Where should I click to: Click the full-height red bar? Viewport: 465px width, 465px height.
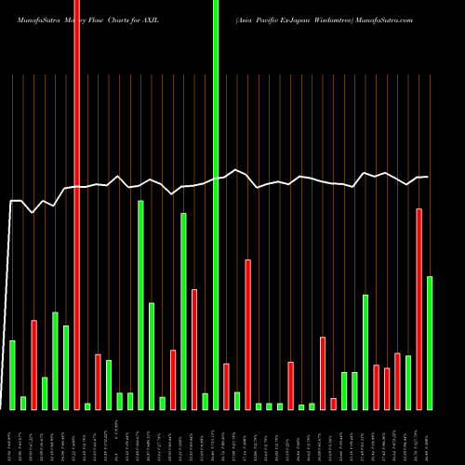76,205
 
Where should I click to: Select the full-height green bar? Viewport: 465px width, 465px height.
216,205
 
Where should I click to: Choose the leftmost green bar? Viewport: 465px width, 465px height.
13,375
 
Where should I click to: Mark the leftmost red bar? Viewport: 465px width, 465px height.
34,365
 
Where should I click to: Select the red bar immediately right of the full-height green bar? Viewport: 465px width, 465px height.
226,386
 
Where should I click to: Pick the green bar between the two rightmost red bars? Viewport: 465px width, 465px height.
408,382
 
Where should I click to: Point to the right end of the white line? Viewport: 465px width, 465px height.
428,177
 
